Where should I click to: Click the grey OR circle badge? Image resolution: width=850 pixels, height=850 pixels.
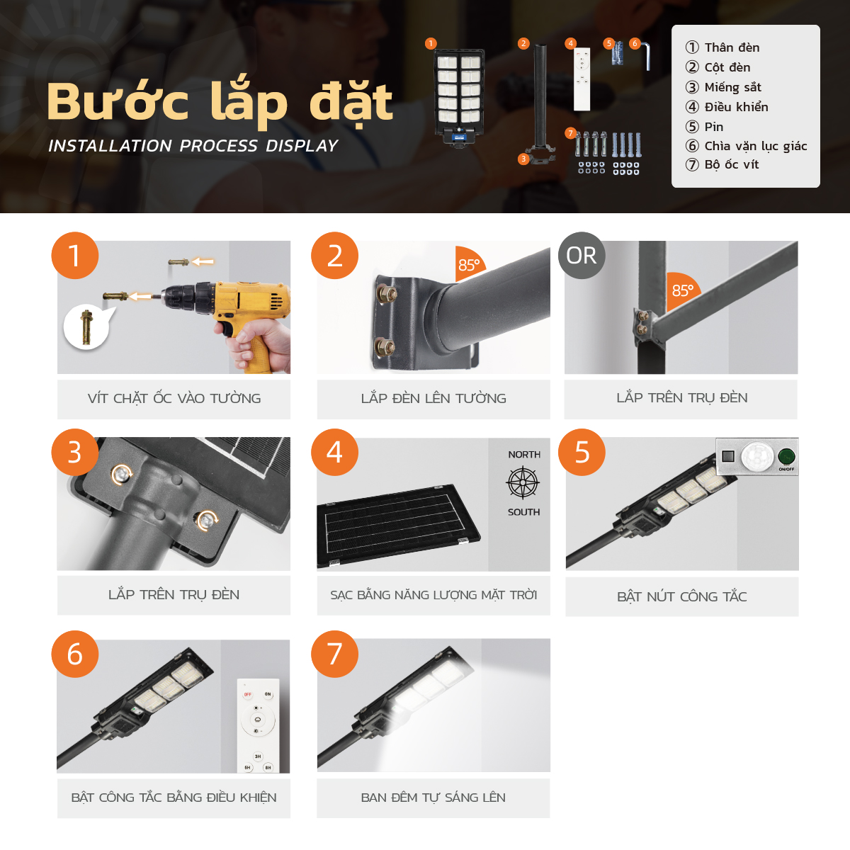[x=582, y=256]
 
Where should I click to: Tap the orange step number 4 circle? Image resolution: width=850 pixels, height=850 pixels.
[x=334, y=452]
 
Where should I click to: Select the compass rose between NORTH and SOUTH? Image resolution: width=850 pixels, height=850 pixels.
[x=523, y=484]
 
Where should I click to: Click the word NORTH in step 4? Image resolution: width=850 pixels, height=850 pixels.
[x=524, y=454]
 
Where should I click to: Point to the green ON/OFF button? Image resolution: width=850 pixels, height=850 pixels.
[x=786, y=456]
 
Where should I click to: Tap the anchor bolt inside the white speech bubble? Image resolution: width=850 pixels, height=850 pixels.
[x=86, y=327]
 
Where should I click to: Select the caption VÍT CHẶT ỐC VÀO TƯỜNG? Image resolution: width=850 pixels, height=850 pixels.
[x=174, y=398]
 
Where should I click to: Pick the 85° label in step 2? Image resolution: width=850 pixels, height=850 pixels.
[x=468, y=265]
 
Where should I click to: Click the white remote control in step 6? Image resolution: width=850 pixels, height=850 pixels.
[x=258, y=725]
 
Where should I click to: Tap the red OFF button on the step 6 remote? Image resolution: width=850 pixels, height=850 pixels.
[x=247, y=695]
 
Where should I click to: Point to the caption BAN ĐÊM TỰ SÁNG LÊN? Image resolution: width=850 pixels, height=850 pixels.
[x=433, y=798]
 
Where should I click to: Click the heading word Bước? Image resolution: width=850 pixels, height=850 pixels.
[x=118, y=101]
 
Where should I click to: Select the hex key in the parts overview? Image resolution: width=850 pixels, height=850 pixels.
[x=645, y=56]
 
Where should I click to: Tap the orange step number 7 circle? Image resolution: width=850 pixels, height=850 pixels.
[x=334, y=654]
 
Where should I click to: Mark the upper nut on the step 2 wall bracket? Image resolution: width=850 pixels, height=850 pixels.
[x=387, y=293]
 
